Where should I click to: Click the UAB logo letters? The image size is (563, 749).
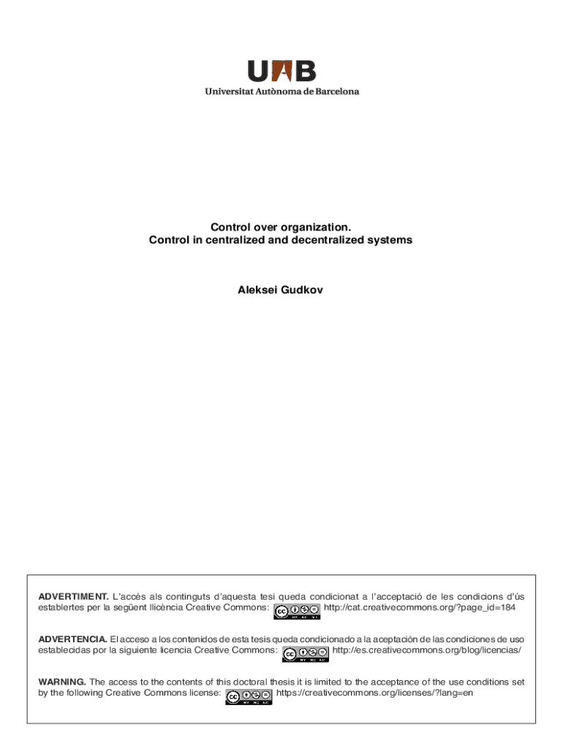[x=281, y=71]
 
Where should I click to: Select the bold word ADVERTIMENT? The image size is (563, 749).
[x=73, y=598]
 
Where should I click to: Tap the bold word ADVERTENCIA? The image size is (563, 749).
[x=72, y=639]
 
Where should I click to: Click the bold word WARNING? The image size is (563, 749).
[x=62, y=682]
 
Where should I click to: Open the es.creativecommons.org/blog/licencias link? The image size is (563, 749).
[x=426, y=650]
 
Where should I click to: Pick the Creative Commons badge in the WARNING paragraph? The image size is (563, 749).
[x=249, y=696]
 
